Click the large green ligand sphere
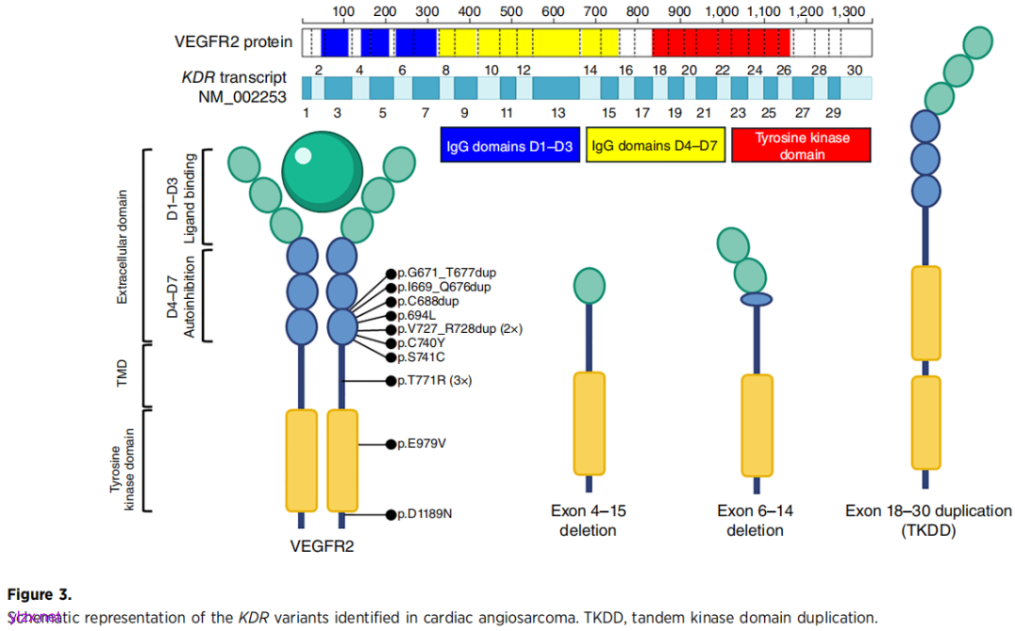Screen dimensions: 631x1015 pyautogui.click(x=322, y=170)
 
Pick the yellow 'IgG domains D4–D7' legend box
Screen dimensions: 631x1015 pyautogui.click(x=655, y=145)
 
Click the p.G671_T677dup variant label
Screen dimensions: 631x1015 pyautogui.click(x=446, y=273)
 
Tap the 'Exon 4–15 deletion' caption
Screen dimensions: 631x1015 pyautogui.click(x=589, y=520)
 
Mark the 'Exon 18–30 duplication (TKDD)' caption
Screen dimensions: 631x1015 pyautogui.click(x=928, y=520)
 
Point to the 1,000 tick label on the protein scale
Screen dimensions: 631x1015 pyautogui.click(x=722, y=11)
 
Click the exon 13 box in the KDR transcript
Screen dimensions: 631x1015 pyautogui.click(x=556, y=88)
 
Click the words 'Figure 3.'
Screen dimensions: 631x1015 pyautogui.click(x=39, y=594)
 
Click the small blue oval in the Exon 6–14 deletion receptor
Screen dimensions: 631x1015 pyautogui.click(x=756, y=300)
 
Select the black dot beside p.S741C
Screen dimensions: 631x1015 pyautogui.click(x=390, y=357)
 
